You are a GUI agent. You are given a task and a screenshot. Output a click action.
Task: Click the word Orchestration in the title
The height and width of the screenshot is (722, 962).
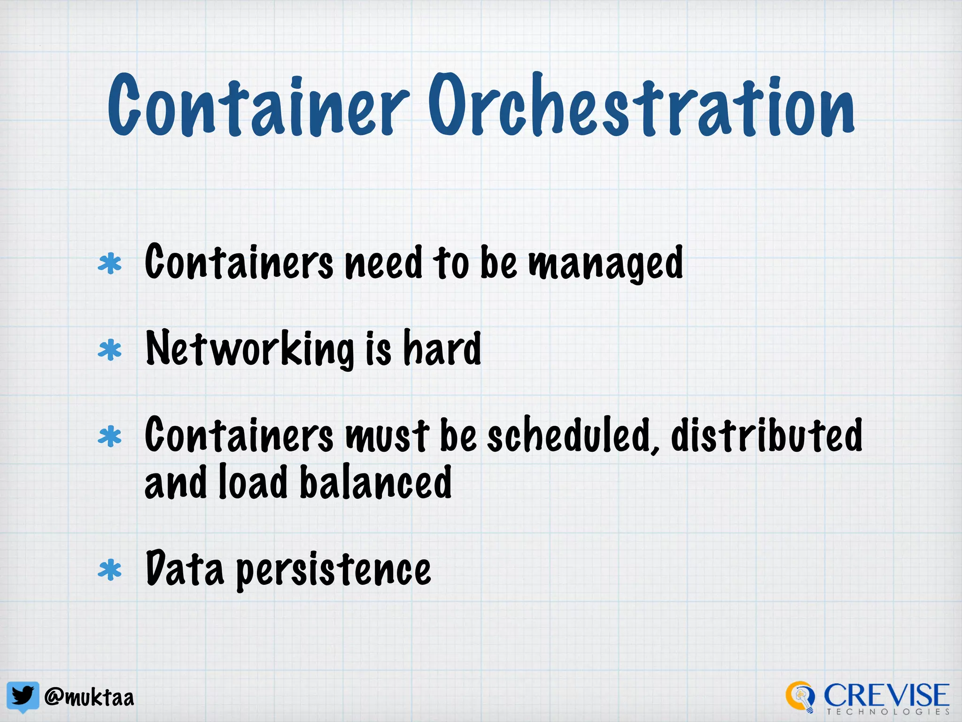click(641, 106)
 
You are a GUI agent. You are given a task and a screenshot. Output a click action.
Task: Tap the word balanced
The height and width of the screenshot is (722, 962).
click(375, 482)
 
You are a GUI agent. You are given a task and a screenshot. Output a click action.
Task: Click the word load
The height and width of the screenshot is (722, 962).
click(253, 482)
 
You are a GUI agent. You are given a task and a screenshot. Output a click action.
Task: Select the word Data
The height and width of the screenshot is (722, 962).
click(185, 569)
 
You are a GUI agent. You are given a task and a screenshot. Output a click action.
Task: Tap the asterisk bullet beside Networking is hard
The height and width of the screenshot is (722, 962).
click(109, 350)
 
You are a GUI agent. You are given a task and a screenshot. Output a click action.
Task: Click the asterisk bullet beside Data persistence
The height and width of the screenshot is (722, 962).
click(109, 570)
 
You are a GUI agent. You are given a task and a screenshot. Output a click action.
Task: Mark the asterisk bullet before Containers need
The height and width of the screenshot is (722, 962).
click(109, 264)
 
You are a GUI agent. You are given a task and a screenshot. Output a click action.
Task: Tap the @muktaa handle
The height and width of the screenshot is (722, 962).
click(89, 698)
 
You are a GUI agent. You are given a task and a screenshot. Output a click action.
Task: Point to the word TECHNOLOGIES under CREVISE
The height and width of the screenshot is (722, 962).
click(888, 712)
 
